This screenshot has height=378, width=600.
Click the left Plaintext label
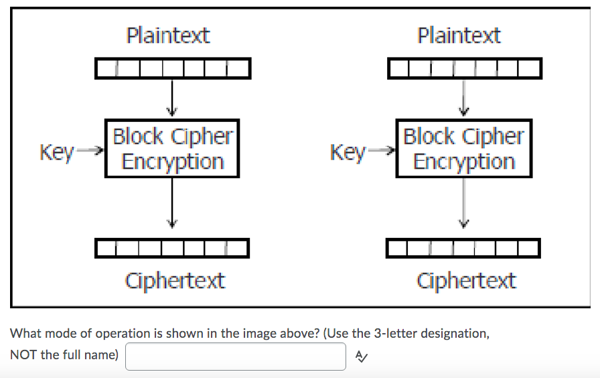click(x=168, y=35)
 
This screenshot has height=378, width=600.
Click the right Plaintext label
click(x=459, y=35)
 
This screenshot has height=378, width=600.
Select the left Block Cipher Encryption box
click(x=172, y=149)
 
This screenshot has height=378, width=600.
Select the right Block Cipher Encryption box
click(x=463, y=149)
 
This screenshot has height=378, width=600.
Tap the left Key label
click(x=57, y=152)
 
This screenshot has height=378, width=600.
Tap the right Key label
click(x=348, y=152)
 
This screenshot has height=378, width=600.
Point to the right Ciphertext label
click(x=466, y=280)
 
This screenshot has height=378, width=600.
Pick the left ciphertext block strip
click(x=173, y=248)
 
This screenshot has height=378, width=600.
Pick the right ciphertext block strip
click(x=463, y=248)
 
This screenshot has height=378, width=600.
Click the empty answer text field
click(x=235, y=357)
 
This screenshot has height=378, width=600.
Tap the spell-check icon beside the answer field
click(x=360, y=357)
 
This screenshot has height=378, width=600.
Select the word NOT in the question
click(x=24, y=355)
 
